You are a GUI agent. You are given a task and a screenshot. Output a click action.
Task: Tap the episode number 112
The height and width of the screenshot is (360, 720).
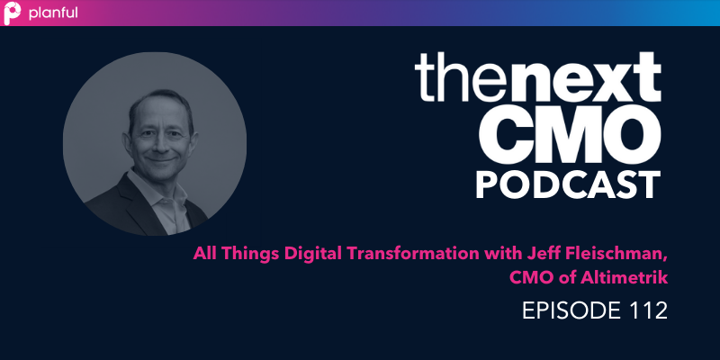pos(646,311)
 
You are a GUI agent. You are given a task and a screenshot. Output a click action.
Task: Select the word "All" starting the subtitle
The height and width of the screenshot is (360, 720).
pos(206,253)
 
